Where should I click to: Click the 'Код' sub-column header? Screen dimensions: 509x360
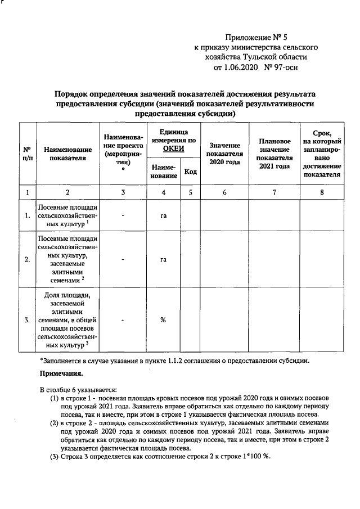[191, 171]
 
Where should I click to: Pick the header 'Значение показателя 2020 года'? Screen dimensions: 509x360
[224, 154]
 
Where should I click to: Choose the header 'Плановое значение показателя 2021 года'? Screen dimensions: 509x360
[274, 154]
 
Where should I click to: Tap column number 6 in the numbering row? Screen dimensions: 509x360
[224, 192]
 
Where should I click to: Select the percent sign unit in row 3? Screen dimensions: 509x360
[163, 320]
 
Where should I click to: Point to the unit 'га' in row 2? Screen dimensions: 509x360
[163, 259]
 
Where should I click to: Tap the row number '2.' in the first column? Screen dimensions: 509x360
[27, 259]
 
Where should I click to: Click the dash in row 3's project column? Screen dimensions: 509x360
[123, 320]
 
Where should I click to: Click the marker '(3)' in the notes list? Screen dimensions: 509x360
[55, 456]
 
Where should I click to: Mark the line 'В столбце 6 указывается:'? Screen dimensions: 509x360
[78, 389]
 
